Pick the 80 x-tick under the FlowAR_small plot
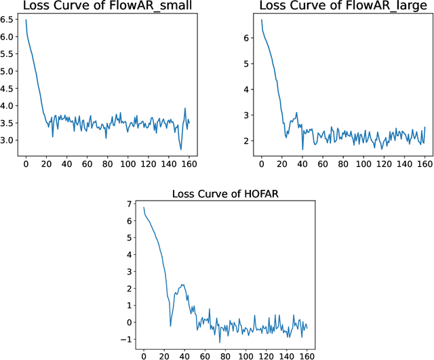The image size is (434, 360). (107, 163)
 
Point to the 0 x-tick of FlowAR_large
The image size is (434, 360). (262, 163)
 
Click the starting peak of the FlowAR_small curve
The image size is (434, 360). (26, 20)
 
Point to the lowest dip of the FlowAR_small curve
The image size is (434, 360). (180, 150)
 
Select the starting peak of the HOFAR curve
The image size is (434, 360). (144, 207)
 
